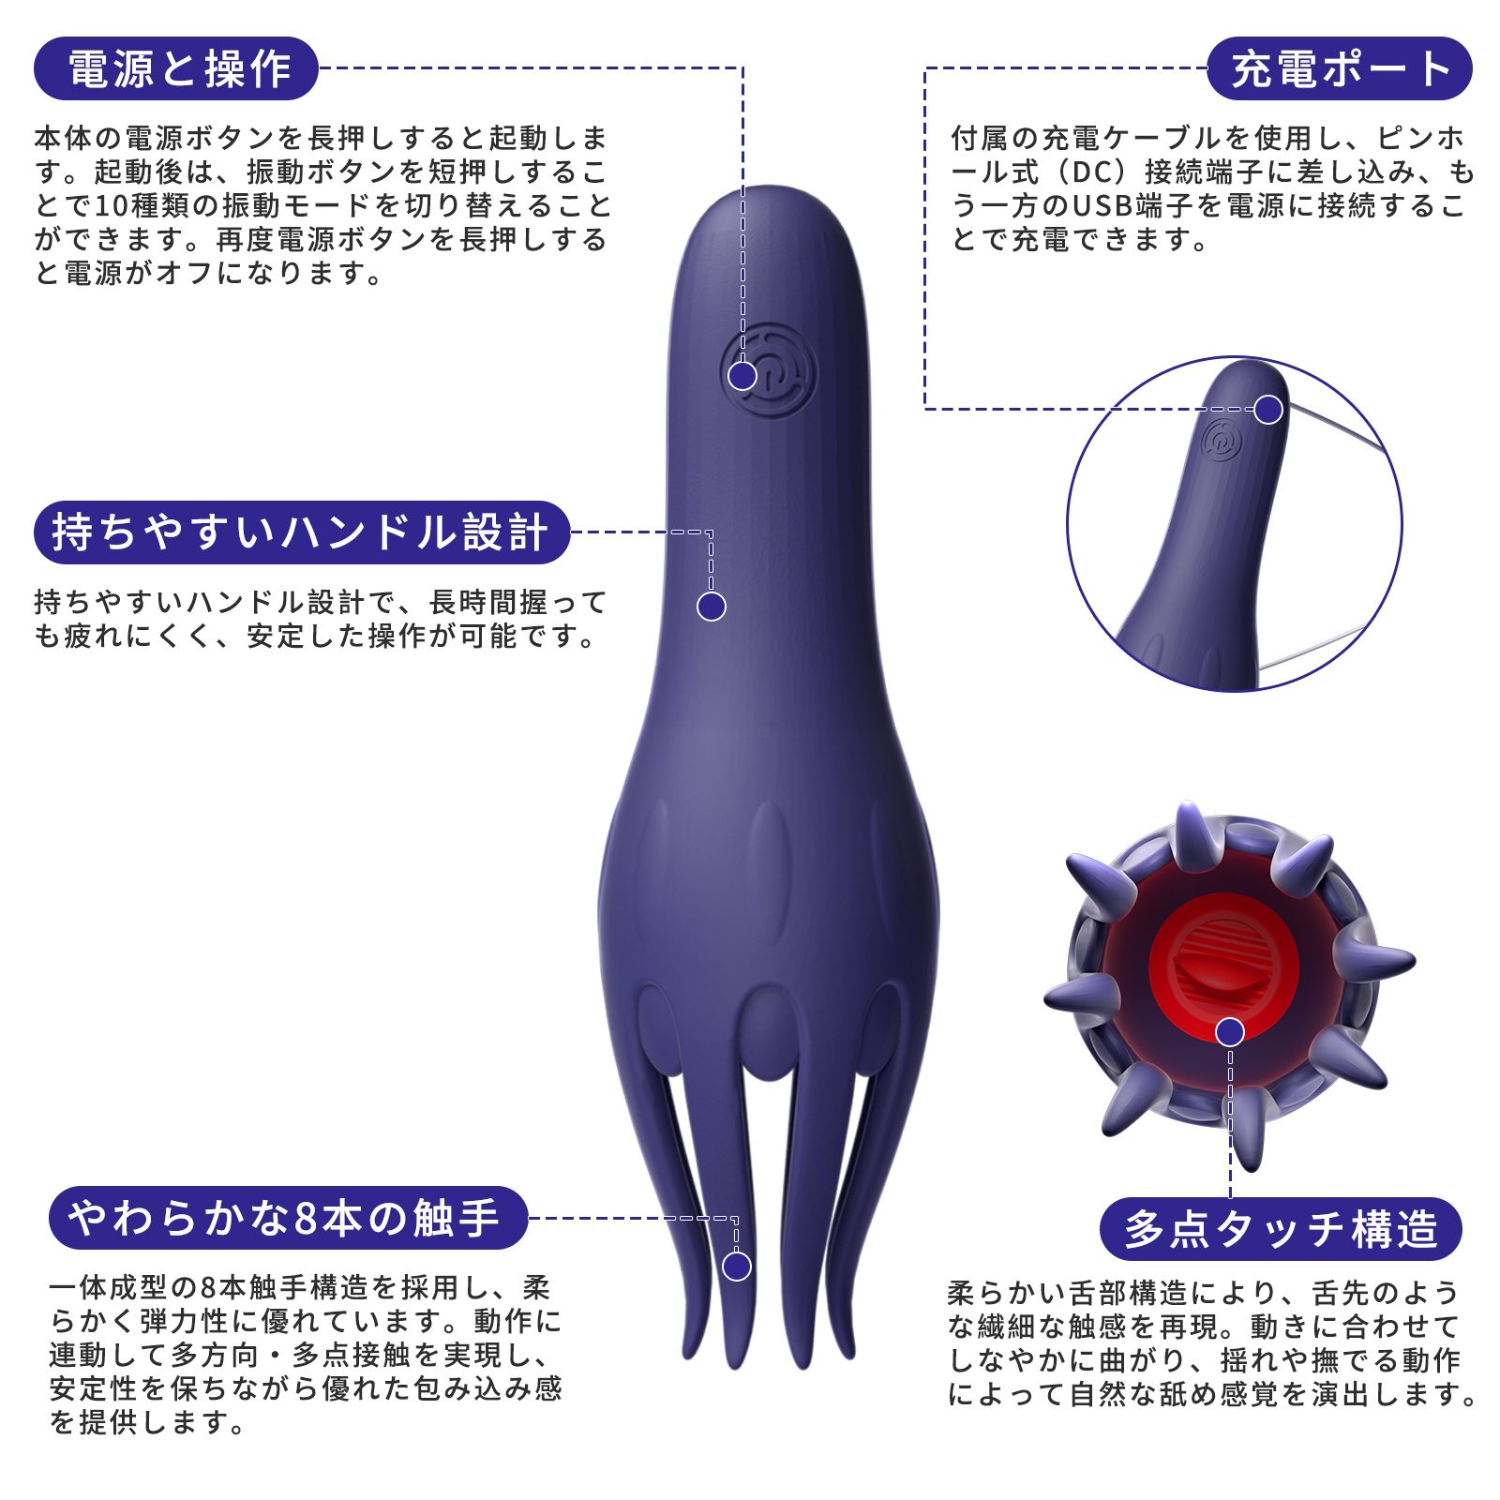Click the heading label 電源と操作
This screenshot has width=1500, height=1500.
(x=177, y=68)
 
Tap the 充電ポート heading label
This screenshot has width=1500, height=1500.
(x=1339, y=68)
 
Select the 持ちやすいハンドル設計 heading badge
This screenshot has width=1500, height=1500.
(x=301, y=532)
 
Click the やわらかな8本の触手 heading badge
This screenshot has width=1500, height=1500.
(x=287, y=1218)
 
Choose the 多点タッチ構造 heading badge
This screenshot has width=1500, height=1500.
(x=1281, y=1229)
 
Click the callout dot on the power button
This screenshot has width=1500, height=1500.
(x=742, y=376)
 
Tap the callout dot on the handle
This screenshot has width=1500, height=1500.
(x=712, y=607)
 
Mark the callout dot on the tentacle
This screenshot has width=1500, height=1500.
(x=737, y=1267)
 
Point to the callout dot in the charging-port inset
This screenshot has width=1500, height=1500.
(x=1268, y=409)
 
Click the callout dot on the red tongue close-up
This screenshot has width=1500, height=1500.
(x=1230, y=1032)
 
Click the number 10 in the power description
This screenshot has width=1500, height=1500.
(x=110, y=206)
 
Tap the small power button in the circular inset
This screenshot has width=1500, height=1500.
(x=1223, y=440)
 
